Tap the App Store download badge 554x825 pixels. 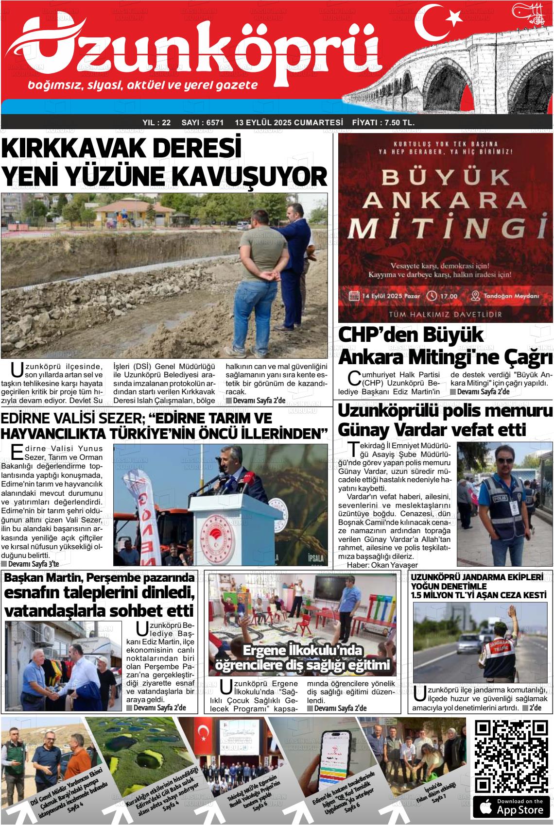pyautogui.click(x=511, y=807)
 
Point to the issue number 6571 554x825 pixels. pyautogui.click(x=215, y=123)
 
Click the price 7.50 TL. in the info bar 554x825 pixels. pyautogui.click(x=399, y=123)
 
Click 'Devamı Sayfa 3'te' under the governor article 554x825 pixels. pyautogui.click(x=30, y=564)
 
